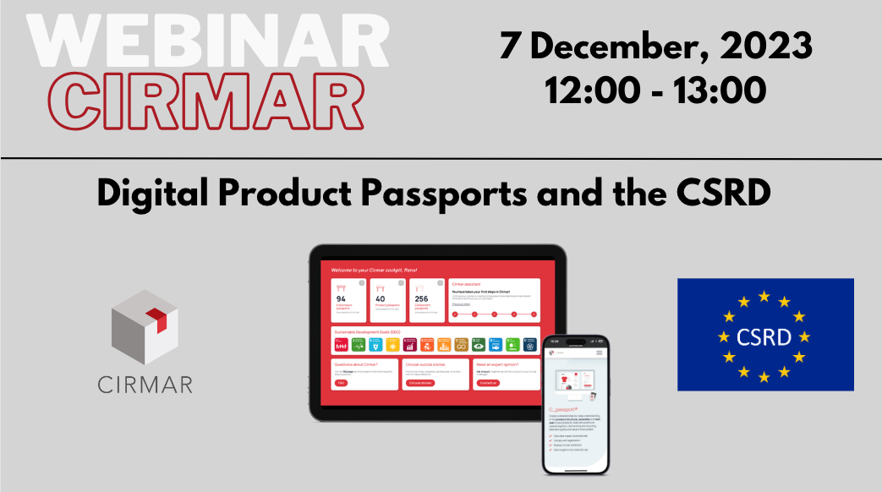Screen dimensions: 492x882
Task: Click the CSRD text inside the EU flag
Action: tap(764, 337)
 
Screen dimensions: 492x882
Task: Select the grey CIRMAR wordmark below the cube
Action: tap(144, 385)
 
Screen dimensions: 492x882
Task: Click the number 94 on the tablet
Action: tap(342, 298)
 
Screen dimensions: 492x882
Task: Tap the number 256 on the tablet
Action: tap(419, 298)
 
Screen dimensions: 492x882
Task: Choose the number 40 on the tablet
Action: tap(380, 298)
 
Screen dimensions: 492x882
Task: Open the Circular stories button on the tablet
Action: tap(419, 383)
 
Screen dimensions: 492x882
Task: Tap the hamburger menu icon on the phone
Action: tap(600, 352)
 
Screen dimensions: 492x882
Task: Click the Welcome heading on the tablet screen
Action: tap(375, 270)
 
